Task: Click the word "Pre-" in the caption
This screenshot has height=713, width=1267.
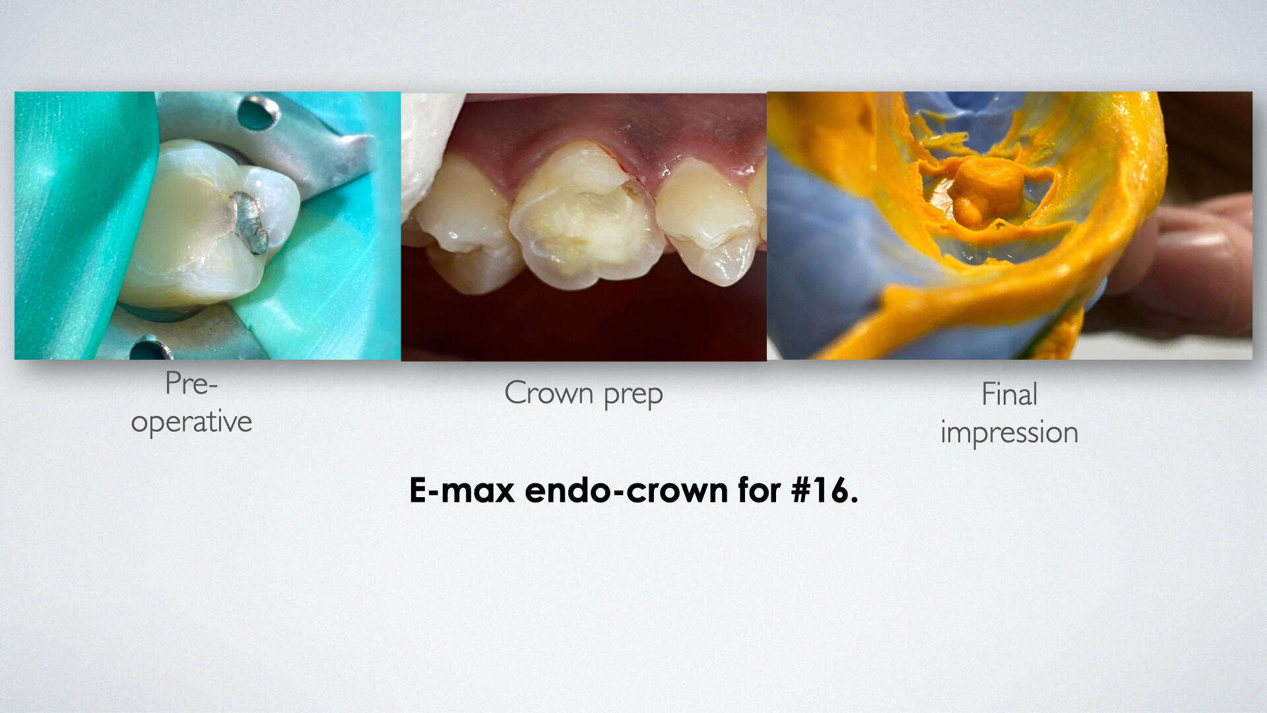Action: pos(191,384)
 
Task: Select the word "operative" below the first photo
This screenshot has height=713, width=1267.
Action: pos(191,421)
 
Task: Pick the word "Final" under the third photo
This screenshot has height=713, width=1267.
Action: pos(1009,394)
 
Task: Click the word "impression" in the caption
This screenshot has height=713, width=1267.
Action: pos(1009,433)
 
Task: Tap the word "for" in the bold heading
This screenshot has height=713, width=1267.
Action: pos(759,491)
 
